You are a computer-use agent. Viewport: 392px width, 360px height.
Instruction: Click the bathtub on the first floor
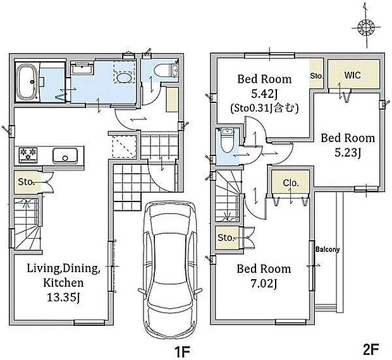point(27,82)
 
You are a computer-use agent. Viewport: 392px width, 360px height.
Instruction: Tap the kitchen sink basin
point(65,155)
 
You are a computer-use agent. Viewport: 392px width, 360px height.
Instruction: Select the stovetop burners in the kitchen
point(28,154)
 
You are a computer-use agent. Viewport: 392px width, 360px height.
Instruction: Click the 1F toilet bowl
point(161,70)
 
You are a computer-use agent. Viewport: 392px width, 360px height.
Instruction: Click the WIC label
point(352,75)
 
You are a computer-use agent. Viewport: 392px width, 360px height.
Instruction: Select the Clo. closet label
point(291,183)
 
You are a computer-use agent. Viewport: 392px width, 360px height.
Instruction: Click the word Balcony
point(328,249)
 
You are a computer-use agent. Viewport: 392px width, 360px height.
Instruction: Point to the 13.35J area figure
point(63,297)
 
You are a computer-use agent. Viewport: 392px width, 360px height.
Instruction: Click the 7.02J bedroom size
point(264,284)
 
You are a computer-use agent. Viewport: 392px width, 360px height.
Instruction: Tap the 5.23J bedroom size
point(348,153)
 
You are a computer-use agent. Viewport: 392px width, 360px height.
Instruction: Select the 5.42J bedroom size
point(264,94)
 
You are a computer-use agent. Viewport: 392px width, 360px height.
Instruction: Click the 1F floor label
point(182,351)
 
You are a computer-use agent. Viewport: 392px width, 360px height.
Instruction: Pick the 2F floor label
point(371,349)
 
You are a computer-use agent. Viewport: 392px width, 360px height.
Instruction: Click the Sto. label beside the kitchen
point(26,182)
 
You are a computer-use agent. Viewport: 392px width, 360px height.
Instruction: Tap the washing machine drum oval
point(124,78)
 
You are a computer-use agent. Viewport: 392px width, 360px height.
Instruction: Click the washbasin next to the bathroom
point(82,68)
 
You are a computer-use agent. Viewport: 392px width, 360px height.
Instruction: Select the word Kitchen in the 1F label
point(63,283)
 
